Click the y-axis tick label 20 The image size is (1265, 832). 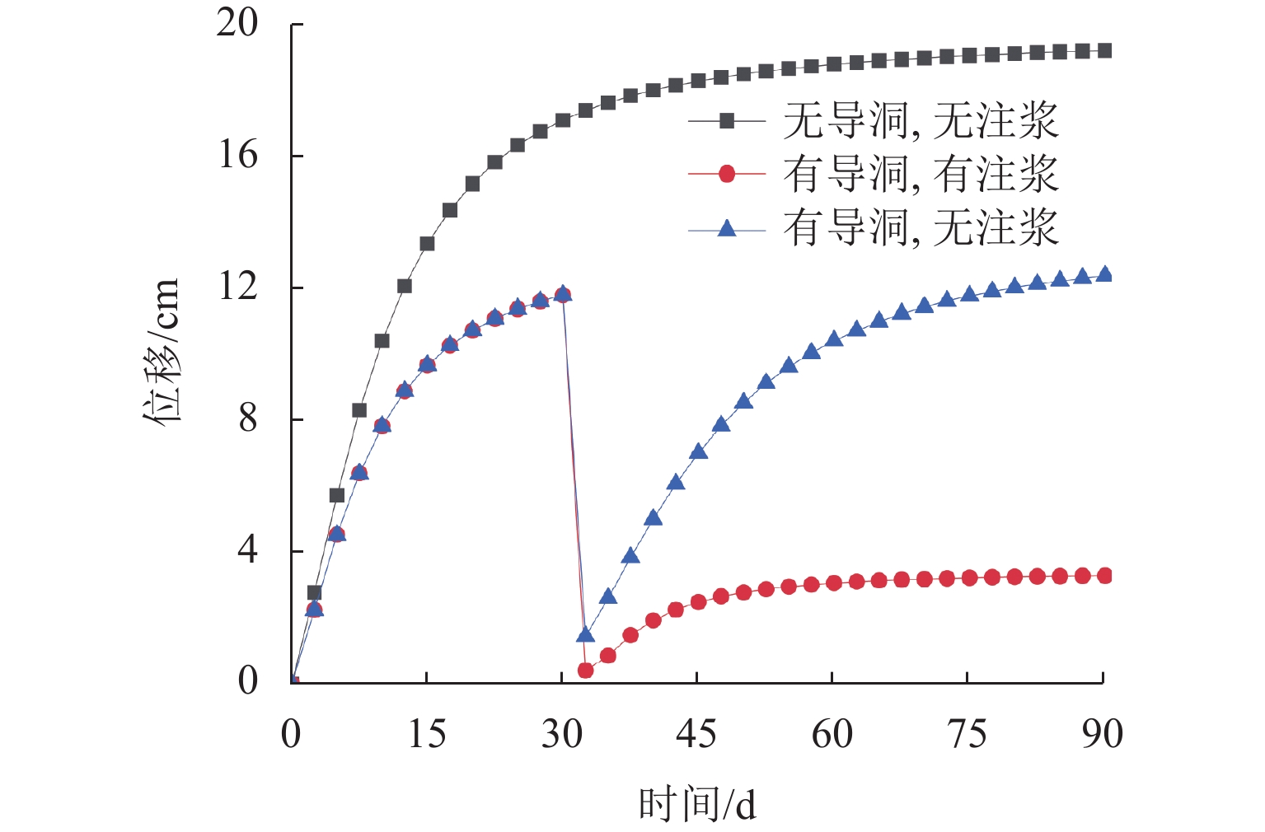237,23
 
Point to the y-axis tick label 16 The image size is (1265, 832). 237,155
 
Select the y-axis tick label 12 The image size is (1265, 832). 237,287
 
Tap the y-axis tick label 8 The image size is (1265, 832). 248,418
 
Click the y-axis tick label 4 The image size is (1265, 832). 248,549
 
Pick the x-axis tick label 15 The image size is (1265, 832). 427,733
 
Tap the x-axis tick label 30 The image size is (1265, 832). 562,733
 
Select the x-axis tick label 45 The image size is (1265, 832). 696,733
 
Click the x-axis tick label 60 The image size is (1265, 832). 832,733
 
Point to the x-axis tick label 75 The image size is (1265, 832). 967,733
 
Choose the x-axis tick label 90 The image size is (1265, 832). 1103,733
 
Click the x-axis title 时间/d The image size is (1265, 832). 697,804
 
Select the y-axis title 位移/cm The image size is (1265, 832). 162,350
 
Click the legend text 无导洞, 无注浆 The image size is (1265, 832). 920,121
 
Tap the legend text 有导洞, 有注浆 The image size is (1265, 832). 920,174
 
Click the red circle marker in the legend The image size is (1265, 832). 727,174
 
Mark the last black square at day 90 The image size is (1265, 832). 1104,51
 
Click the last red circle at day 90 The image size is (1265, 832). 1104,576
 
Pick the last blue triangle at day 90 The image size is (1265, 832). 1104,274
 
